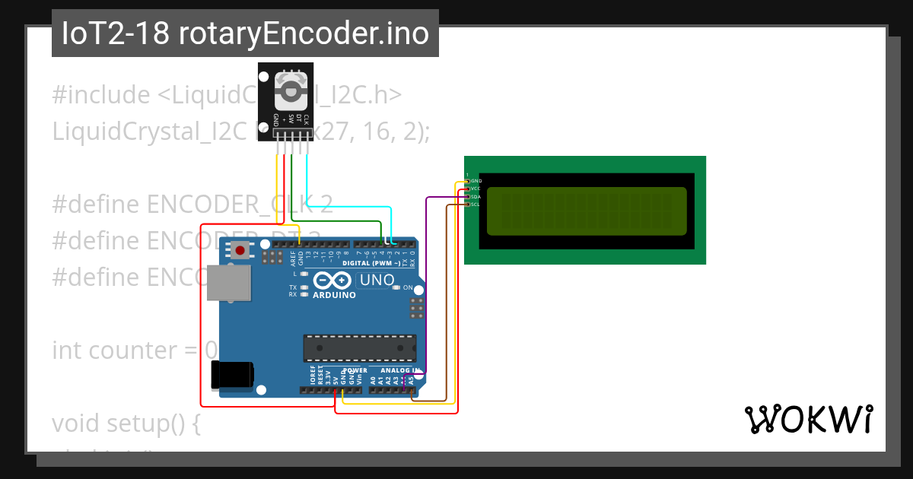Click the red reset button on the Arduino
241,249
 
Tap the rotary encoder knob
290,92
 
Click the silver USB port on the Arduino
230,283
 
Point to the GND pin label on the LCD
476,181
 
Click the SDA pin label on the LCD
476,196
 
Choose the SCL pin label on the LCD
476,204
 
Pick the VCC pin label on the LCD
476,189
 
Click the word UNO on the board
377,280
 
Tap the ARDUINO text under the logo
333,295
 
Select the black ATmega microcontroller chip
359,347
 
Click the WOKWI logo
808,419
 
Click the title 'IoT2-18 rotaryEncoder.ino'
245,33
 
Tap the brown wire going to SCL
447,304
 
